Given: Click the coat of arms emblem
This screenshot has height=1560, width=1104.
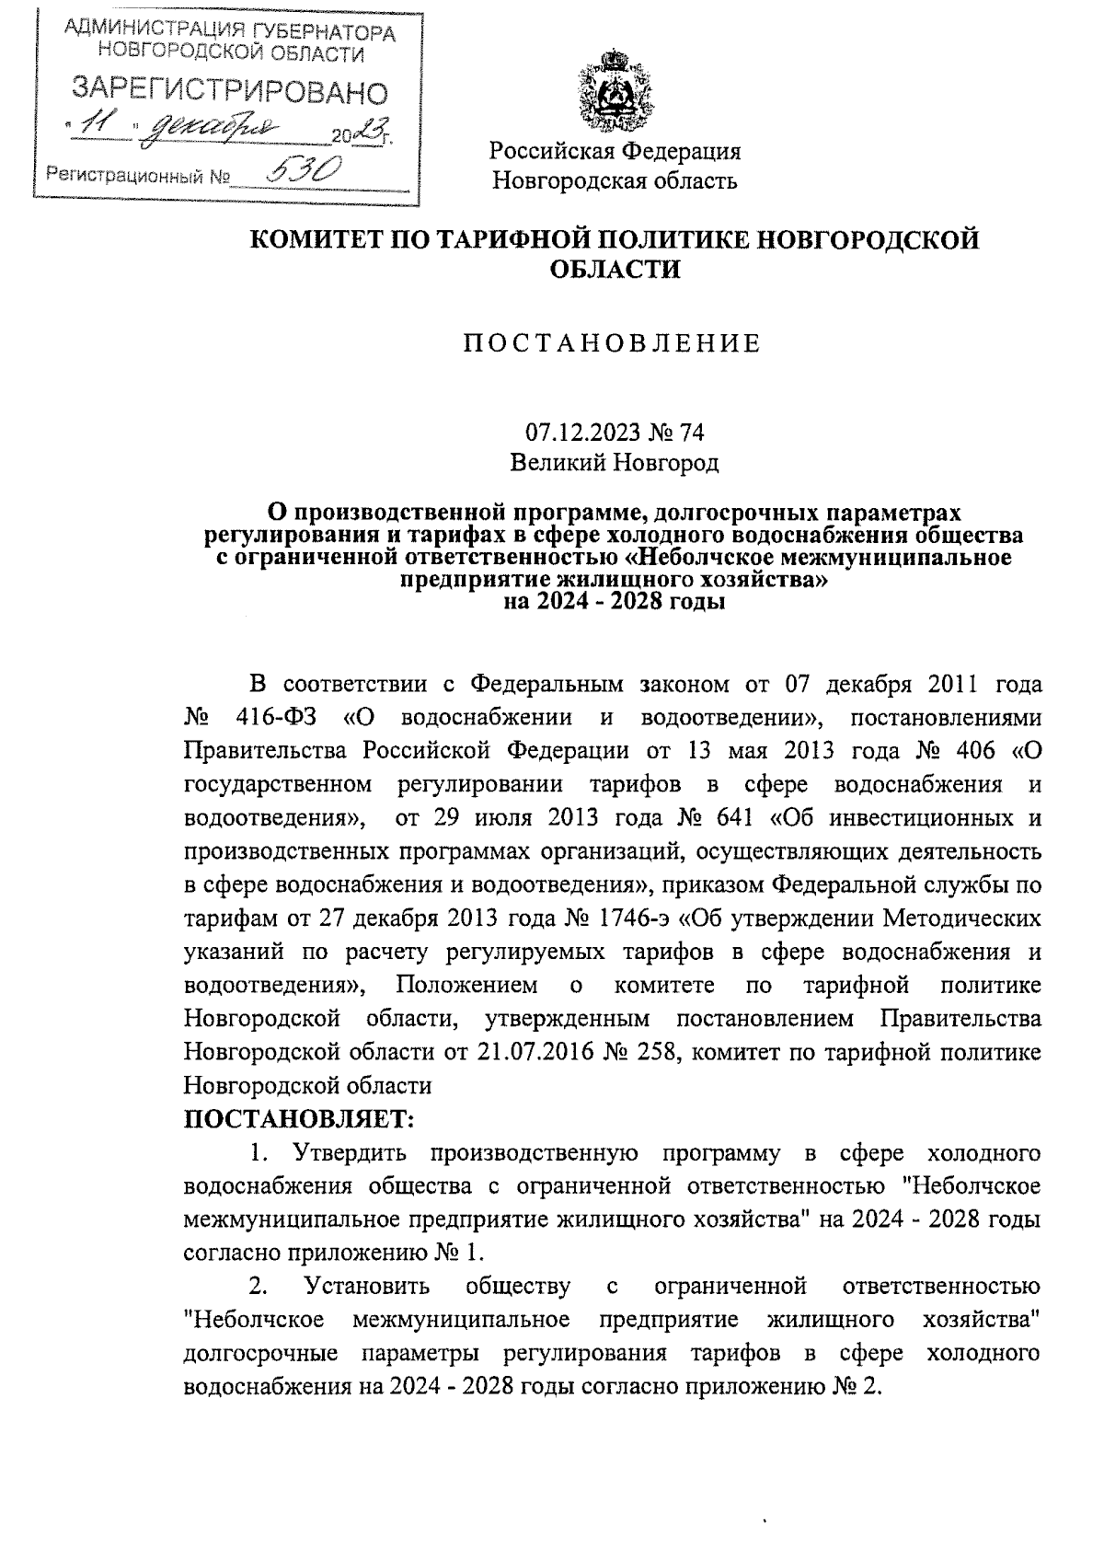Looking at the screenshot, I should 614,92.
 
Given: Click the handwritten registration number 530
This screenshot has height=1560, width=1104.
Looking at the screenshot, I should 303,170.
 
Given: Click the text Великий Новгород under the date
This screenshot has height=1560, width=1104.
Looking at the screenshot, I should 614,463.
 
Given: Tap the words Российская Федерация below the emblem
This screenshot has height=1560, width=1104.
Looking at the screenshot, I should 614,150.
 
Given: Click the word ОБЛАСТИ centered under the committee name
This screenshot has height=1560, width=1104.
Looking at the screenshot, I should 614,270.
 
